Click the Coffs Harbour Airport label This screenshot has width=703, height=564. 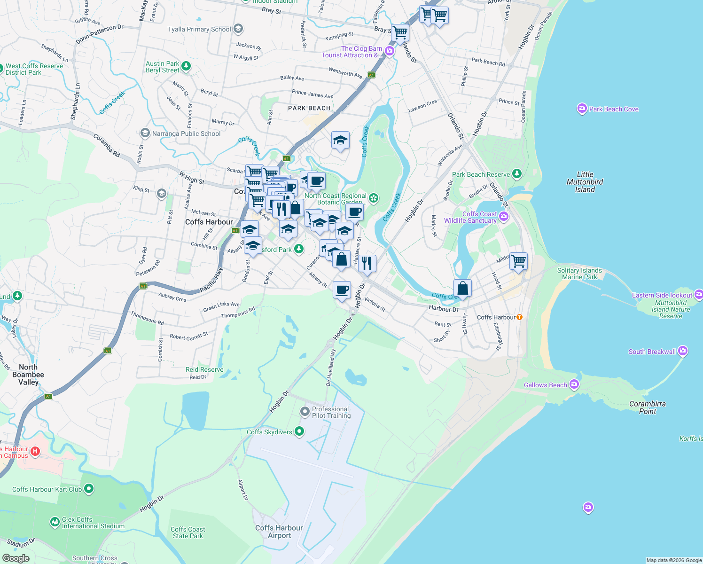(279, 532)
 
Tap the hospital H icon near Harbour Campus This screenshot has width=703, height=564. (35, 452)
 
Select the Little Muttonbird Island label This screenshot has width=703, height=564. (585, 182)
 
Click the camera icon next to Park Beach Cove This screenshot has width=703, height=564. (582, 109)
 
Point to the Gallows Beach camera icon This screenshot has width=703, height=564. (574, 385)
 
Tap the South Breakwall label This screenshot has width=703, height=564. (652, 352)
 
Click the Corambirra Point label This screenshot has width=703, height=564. (647, 407)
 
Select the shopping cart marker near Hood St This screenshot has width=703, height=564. (518, 261)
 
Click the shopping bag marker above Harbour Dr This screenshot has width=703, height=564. (462, 288)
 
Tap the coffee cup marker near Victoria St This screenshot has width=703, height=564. (342, 290)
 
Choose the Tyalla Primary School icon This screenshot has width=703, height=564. (238, 29)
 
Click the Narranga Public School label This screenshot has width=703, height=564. (186, 133)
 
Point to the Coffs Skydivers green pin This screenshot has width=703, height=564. (299, 432)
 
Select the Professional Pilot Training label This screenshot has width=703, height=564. (331, 412)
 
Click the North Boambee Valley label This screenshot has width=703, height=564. (28, 375)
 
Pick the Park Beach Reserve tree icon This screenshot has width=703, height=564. (517, 174)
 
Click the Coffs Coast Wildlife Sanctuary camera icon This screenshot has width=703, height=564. (504, 217)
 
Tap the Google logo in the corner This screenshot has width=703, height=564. (16, 558)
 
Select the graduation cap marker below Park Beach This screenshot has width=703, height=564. (340, 141)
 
